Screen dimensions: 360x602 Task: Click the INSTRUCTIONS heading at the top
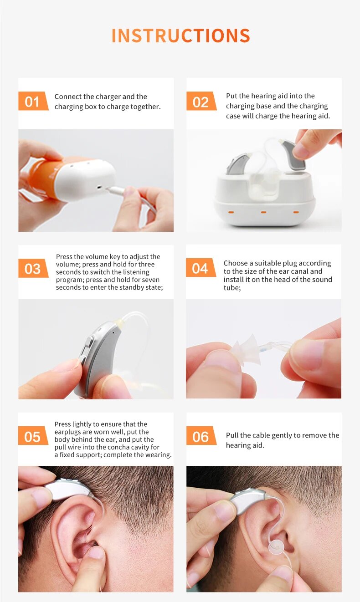tap(180, 36)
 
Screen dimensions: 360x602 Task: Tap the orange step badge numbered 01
tap(33, 101)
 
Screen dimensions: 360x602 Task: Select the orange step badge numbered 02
tap(201, 101)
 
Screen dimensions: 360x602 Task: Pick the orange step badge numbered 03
tap(33, 268)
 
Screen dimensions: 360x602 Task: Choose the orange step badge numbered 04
tap(201, 268)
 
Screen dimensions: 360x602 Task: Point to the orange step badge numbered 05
tap(33, 435)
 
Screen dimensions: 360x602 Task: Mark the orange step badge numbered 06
tap(201, 435)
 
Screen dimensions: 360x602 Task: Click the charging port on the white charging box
tap(100, 187)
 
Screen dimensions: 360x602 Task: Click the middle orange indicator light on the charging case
tap(263, 212)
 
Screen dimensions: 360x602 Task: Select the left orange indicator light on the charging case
tap(231, 212)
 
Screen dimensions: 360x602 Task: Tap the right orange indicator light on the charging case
tap(296, 212)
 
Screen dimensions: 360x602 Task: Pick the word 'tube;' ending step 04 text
tap(232, 288)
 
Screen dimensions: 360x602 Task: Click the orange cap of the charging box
tap(43, 176)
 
